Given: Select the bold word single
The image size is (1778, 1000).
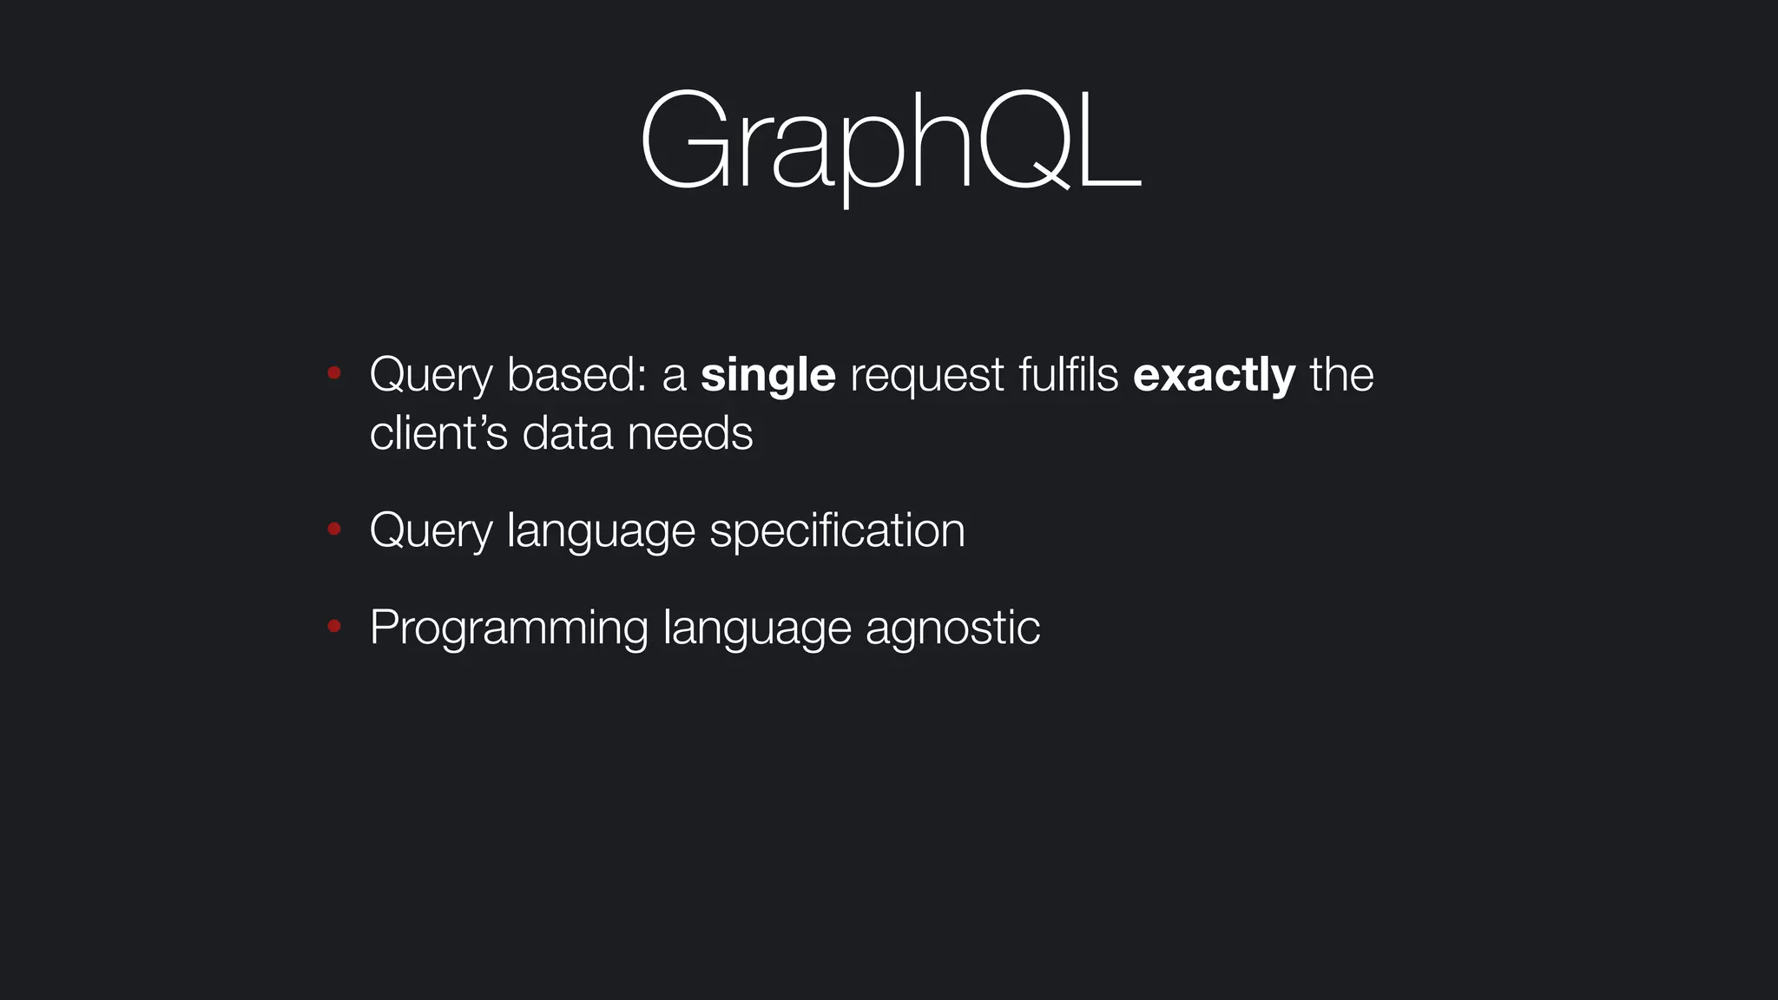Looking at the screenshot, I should [x=767, y=376].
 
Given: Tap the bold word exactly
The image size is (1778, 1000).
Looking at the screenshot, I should [x=1214, y=376].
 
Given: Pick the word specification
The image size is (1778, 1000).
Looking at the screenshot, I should [x=837, y=531].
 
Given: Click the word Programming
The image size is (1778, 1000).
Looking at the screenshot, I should [x=509, y=628].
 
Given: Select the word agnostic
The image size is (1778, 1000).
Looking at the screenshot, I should [x=952, y=628].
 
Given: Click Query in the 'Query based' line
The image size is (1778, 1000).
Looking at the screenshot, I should [x=431, y=376].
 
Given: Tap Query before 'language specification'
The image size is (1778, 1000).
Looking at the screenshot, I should [x=431, y=531].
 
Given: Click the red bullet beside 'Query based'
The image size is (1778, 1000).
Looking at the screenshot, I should [x=333, y=374].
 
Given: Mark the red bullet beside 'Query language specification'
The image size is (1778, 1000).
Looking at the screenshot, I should [x=333, y=529].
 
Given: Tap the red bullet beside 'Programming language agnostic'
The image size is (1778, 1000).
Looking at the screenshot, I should [x=333, y=626].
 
